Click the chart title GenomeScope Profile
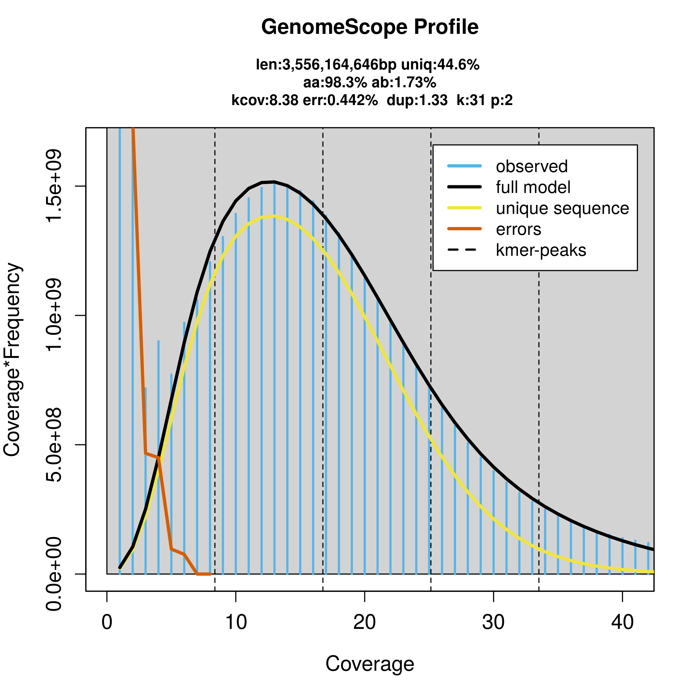tap(370, 27)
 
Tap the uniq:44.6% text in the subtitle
tap(440, 65)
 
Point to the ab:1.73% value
tap(404, 83)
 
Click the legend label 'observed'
tap(532, 166)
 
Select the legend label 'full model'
tap(533, 187)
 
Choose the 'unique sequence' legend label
tap(562, 208)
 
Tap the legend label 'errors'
tap(519, 229)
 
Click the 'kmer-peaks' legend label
tap(541, 250)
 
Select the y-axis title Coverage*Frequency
tap(12, 360)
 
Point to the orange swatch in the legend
tap(464, 229)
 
